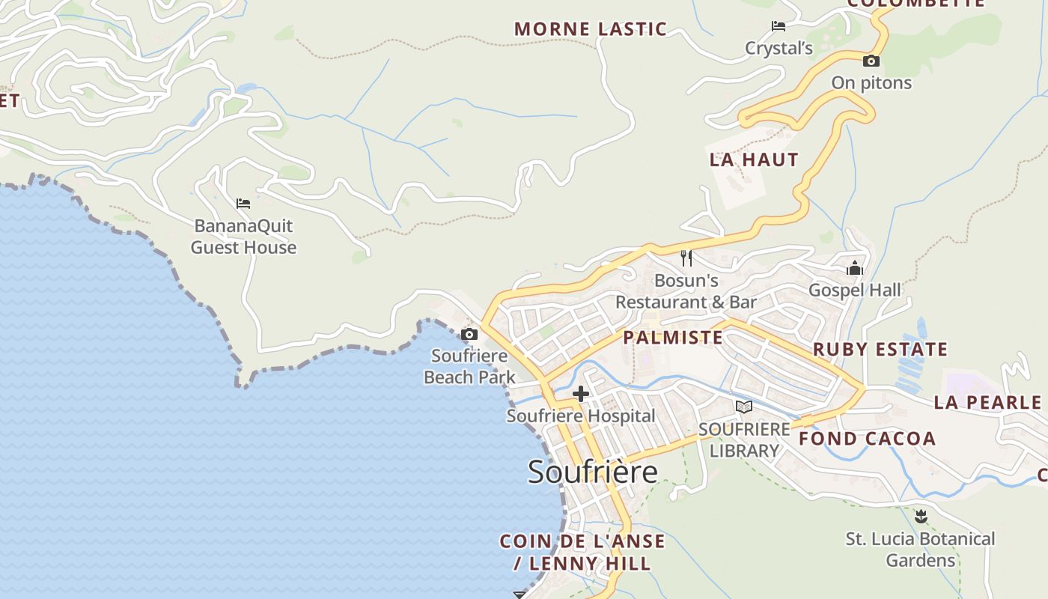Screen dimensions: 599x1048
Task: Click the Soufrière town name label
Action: click(x=593, y=472)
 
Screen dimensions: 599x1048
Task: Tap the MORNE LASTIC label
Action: click(x=591, y=29)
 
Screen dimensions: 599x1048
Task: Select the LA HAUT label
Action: click(x=754, y=159)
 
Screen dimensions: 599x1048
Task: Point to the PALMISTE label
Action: click(x=673, y=338)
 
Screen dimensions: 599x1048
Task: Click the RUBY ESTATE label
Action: click(x=880, y=350)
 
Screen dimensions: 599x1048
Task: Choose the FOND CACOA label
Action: click(x=867, y=439)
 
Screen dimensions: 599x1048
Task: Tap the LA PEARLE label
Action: click(x=987, y=403)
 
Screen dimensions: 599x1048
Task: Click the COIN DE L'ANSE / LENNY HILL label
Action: click(x=582, y=552)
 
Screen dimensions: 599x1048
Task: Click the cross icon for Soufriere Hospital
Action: click(x=581, y=394)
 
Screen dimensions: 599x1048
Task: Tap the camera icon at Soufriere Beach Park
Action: click(x=469, y=334)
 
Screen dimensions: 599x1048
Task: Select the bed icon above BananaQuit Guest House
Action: click(x=243, y=203)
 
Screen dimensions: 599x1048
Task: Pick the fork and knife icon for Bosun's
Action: click(x=686, y=258)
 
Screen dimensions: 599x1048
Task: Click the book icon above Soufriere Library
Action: click(x=743, y=407)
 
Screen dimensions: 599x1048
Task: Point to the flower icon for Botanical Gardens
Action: click(x=921, y=517)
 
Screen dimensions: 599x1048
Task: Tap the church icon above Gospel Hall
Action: click(x=855, y=268)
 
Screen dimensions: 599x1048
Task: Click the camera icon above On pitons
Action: click(x=871, y=61)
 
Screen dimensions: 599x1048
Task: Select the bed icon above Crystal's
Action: click(x=779, y=26)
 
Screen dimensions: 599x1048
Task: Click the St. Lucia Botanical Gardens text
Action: click(x=921, y=550)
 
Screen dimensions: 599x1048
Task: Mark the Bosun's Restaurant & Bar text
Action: click(x=686, y=291)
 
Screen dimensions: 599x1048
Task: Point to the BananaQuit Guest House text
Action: click(x=243, y=237)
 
